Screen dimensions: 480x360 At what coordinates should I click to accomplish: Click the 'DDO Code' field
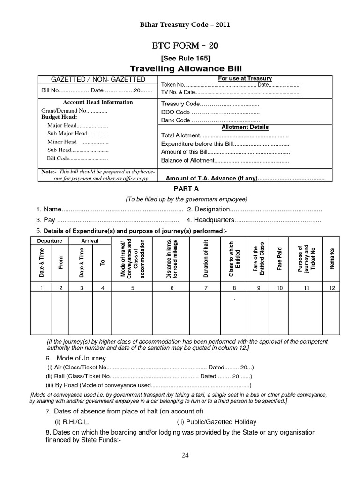click(x=176, y=112)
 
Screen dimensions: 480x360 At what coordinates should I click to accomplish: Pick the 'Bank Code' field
click(x=176, y=120)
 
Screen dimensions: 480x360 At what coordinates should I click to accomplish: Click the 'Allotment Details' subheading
click(x=245, y=127)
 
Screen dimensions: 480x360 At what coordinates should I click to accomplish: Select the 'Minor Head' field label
click(x=62, y=142)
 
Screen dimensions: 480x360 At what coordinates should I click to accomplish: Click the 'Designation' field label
click(x=209, y=209)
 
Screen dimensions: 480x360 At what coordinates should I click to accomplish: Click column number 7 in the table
click(x=205, y=288)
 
